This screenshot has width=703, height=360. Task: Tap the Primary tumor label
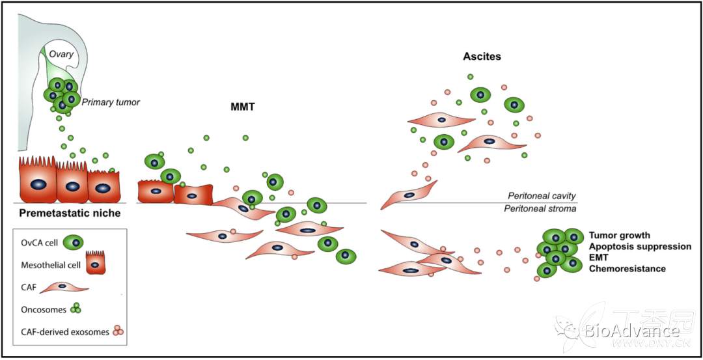pyautogui.click(x=111, y=102)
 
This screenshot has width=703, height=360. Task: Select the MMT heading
pyautogui.click(x=242, y=107)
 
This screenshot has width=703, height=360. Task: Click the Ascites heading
pyautogui.click(x=482, y=57)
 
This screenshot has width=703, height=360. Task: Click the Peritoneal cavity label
pyautogui.click(x=542, y=196)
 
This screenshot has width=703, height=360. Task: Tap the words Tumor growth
pyautogui.click(x=619, y=235)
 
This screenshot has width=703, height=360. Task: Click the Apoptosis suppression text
pyautogui.click(x=640, y=247)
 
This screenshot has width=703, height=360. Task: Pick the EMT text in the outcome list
pyautogui.click(x=599, y=258)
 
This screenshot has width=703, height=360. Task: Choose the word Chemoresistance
pyautogui.click(x=627, y=269)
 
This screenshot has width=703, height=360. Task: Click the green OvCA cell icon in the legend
pyautogui.click(x=77, y=243)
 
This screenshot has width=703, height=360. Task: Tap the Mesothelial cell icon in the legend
pyautogui.click(x=96, y=262)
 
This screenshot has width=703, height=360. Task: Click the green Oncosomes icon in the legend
pyautogui.click(x=76, y=309)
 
